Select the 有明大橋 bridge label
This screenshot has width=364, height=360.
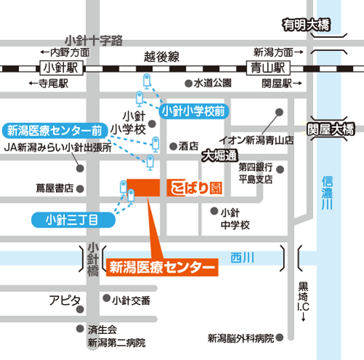306,25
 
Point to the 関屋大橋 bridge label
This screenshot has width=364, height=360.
331,129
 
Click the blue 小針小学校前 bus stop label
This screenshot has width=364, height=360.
193,111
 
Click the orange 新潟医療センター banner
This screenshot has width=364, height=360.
162,267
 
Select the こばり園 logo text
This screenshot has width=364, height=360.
193,186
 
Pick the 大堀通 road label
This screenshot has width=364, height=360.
221,155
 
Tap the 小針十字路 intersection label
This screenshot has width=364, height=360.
95,39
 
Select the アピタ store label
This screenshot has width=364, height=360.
65,300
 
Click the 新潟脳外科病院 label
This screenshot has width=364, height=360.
240,338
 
